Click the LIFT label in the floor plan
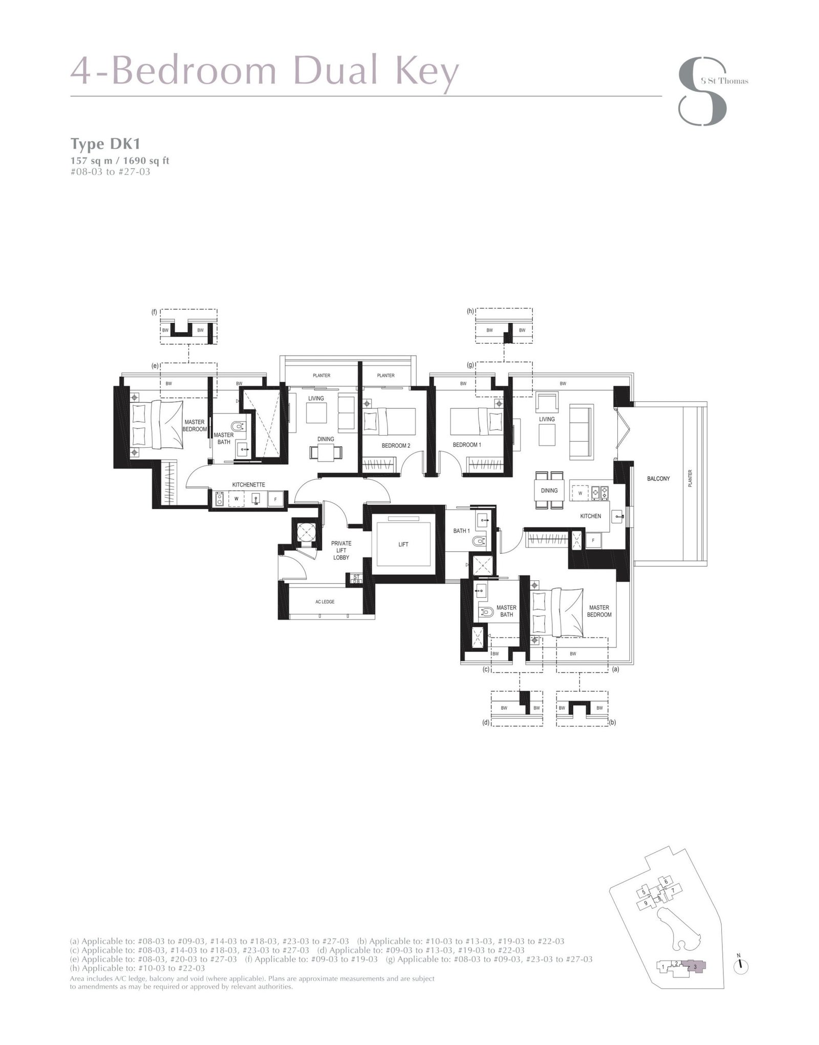[x=403, y=544]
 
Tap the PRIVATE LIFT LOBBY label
[x=341, y=550]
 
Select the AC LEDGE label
[x=325, y=601]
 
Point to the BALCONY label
[x=658, y=478]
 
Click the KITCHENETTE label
[x=248, y=485]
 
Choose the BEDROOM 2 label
[x=396, y=445]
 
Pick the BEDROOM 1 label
[x=466, y=445]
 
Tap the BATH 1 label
[x=461, y=531]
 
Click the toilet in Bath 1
[x=479, y=541]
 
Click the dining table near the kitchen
[x=549, y=490]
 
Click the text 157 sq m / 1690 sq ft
[x=119, y=161]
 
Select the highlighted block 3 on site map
[x=695, y=966]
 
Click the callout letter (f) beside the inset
[x=154, y=312]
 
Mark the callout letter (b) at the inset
[x=612, y=723]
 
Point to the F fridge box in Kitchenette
[x=275, y=498]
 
